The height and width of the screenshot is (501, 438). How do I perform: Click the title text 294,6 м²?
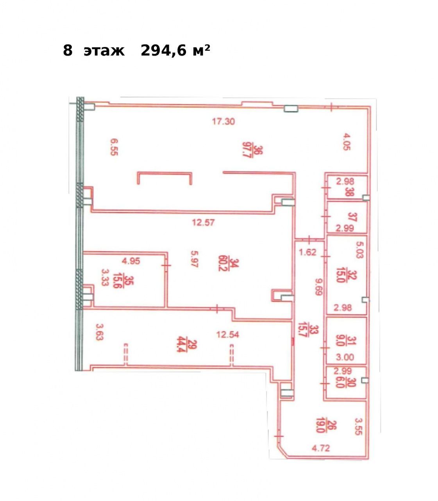pos(175,51)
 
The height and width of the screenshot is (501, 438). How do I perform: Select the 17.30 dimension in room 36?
pos(223,121)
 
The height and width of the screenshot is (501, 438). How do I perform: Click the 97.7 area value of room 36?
pos(245,152)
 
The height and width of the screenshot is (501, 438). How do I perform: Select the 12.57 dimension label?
pos(203,223)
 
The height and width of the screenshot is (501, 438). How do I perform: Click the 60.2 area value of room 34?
pos(222,263)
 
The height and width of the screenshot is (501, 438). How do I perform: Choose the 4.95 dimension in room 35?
pos(131,261)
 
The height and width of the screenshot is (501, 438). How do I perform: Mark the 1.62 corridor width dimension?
pos(308,252)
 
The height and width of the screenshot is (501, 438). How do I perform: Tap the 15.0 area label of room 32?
pos(340,276)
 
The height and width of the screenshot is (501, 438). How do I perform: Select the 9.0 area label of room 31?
pos(340,341)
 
